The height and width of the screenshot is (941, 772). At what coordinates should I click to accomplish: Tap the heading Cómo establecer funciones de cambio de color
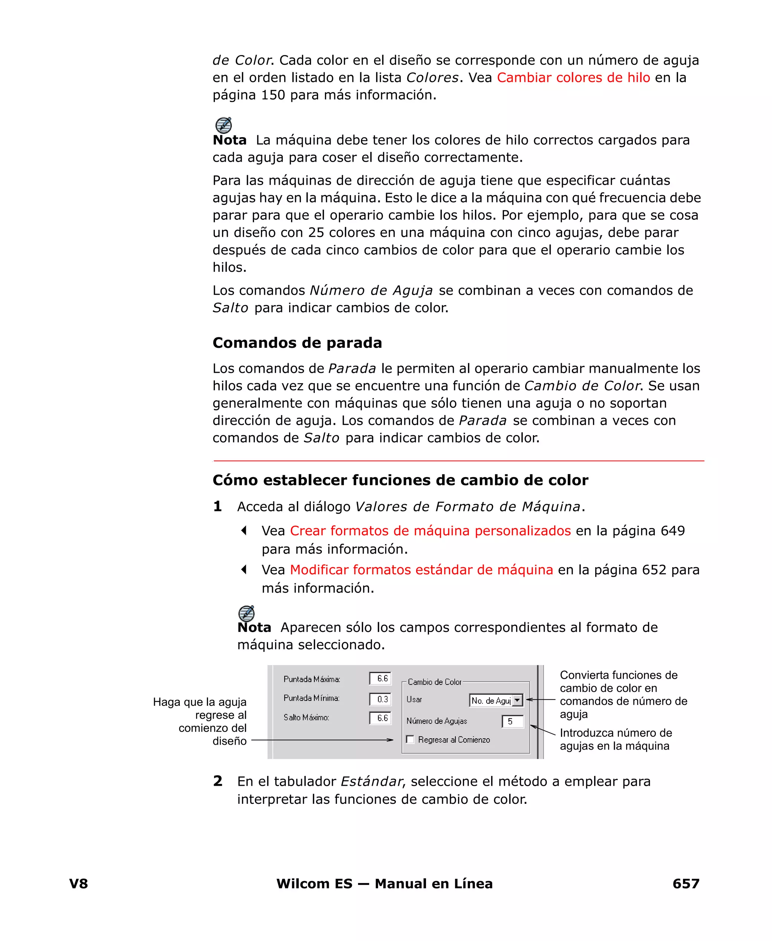click(x=400, y=480)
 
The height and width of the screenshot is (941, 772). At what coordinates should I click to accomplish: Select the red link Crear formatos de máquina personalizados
click(x=430, y=531)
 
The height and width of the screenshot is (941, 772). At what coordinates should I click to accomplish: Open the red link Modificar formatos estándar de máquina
click(x=421, y=570)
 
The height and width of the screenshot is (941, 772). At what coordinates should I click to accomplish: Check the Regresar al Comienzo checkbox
click(x=410, y=740)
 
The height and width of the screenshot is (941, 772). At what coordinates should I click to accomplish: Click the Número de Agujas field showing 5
click(x=512, y=721)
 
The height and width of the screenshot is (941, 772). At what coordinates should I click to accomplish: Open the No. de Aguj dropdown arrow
click(x=517, y=701)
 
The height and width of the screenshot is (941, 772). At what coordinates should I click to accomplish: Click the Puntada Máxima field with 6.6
click(x=380, y=679)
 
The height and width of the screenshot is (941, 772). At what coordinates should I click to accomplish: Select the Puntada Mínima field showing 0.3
click(x=380, y=699)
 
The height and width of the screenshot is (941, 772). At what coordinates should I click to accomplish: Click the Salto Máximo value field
click(x=380, y=718)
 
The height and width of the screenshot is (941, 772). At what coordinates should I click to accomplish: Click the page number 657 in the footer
click(x=685, y=883)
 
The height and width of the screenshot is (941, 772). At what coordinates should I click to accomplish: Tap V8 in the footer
click(x=78, y=883)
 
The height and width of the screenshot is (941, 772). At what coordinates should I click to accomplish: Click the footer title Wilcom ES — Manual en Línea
click(x=384, y=883)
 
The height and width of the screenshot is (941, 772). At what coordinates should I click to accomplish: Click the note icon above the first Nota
click(x=223, y=125)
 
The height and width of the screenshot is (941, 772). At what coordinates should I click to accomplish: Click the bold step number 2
click(x=218, y=781)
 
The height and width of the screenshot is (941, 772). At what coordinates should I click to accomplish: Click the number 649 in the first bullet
click(x=672, y=531)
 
